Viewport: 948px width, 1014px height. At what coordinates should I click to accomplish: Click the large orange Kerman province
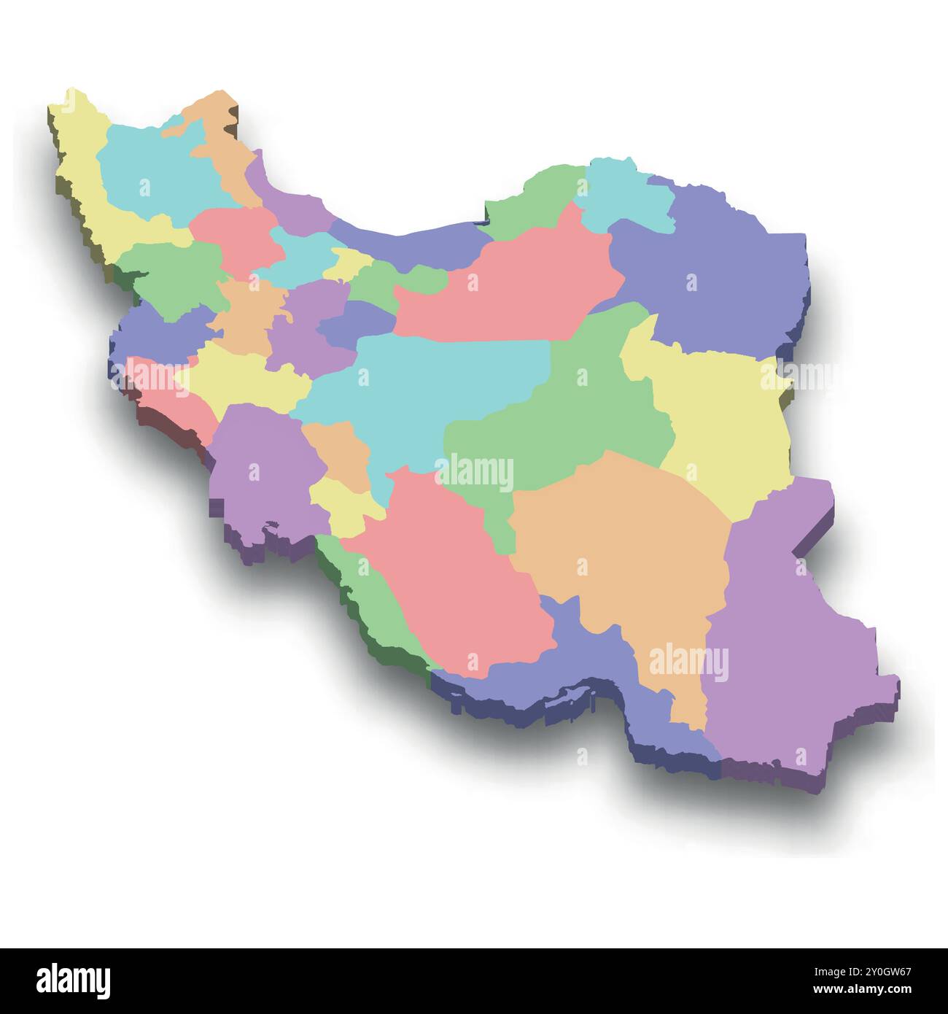[620, 540]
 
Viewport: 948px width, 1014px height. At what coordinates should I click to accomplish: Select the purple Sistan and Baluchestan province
[788, 642]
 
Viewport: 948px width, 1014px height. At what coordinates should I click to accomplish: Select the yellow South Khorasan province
[722, 416]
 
